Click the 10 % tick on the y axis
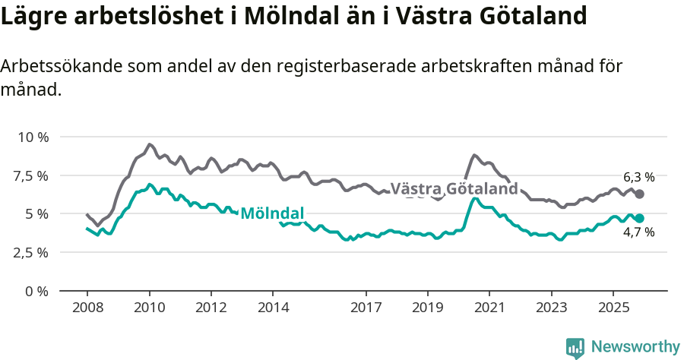click(x=32, y=137)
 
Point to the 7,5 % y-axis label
click(x=30, y=175)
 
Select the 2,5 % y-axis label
click(x=30, y=252)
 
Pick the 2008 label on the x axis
click(x=87, y=308)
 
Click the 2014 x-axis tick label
click(x=273, y=308)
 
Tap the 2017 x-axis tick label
click(x=366, y=308)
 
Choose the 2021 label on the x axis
click(x=489, y=308)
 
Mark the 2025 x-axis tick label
click(x=613, y=308)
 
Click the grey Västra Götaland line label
click(x=454, y=189)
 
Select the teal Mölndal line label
click(x=272, y=213)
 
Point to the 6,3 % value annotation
click(x=638, y=177)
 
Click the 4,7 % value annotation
click(x=638, y=232)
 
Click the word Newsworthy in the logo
click(x=635, y=347)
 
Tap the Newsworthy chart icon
click(x=575, y=348)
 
